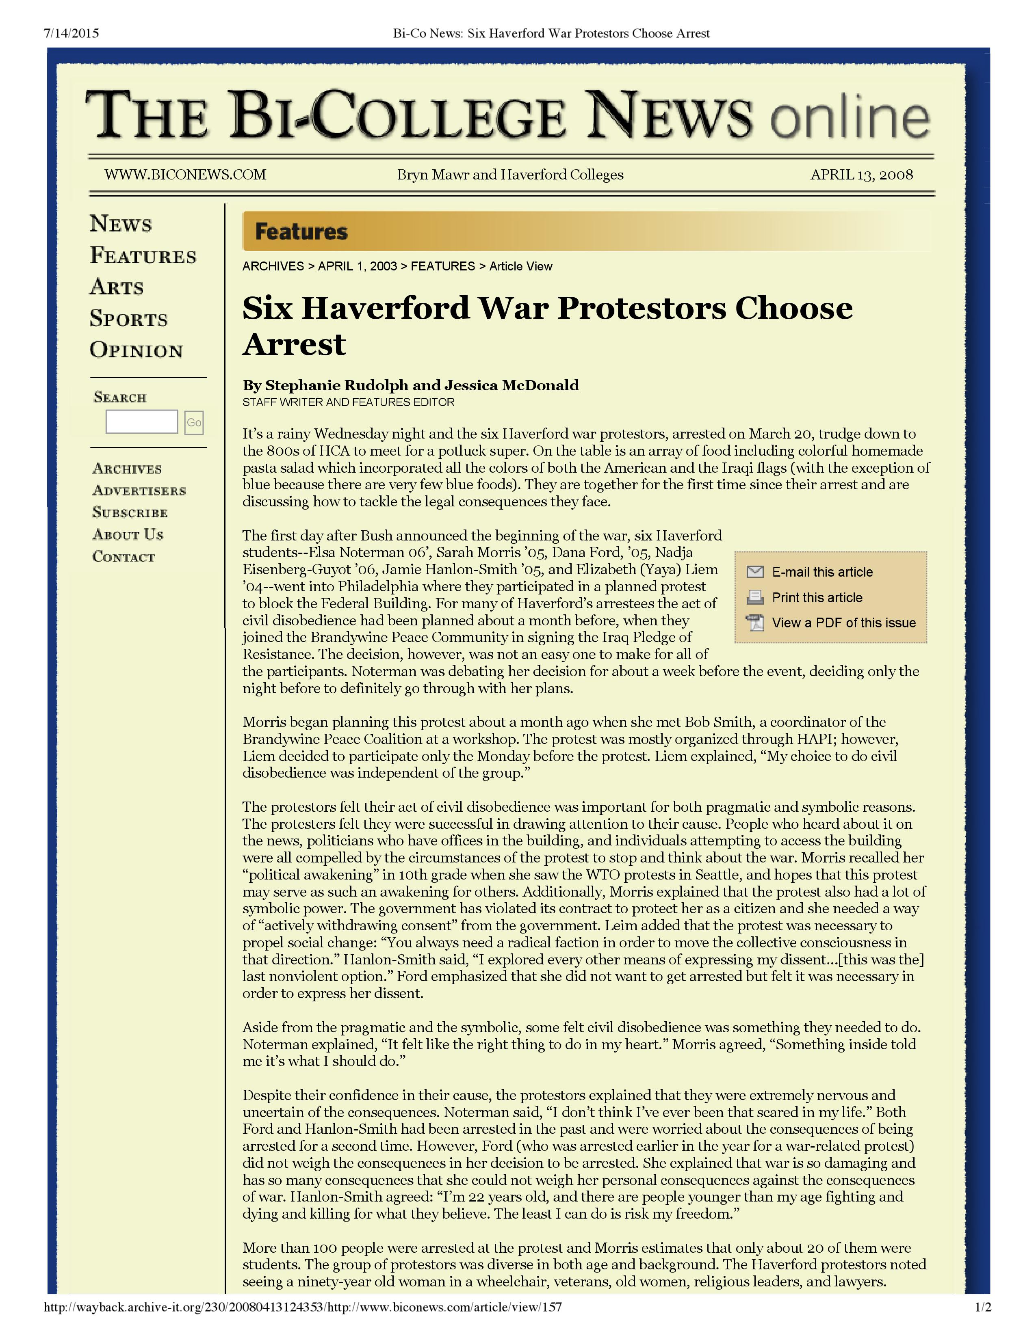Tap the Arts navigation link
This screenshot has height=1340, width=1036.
117,287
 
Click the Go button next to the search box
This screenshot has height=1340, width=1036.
194,422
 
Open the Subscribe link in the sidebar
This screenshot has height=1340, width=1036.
130,512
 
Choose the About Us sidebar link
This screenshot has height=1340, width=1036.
128,534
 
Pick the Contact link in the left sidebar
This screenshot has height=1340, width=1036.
124,556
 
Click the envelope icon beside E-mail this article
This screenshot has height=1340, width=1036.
755,572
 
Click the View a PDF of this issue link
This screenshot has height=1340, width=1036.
843,623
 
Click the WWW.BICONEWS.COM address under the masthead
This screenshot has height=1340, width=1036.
185,175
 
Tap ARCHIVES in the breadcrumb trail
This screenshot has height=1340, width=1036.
273,266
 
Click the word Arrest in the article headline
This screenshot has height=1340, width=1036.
295,344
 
